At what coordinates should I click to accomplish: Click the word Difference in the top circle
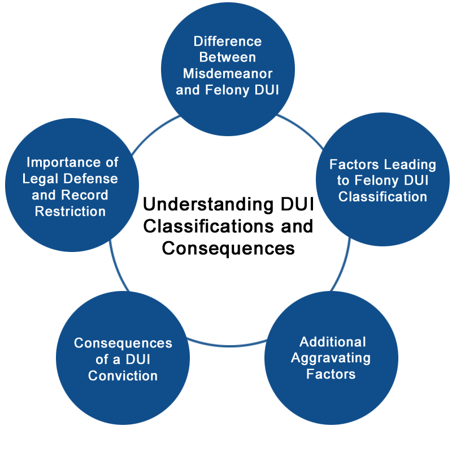[x=228, y=41]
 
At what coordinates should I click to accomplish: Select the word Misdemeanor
[x=228, y=73]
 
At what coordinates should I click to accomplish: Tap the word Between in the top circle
[x=228, y=58]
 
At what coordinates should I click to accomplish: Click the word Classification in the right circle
[x=383, y=197]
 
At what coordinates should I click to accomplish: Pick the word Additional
[x=333, y=342]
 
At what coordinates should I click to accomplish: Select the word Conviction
[x=123, y=376]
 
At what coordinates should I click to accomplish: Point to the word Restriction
[x=70, y=211]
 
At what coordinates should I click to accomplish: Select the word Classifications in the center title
[x=208, y=227]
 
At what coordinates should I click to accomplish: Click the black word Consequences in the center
[x=228, y=249]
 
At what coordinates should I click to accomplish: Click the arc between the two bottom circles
[x=227, y=346]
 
